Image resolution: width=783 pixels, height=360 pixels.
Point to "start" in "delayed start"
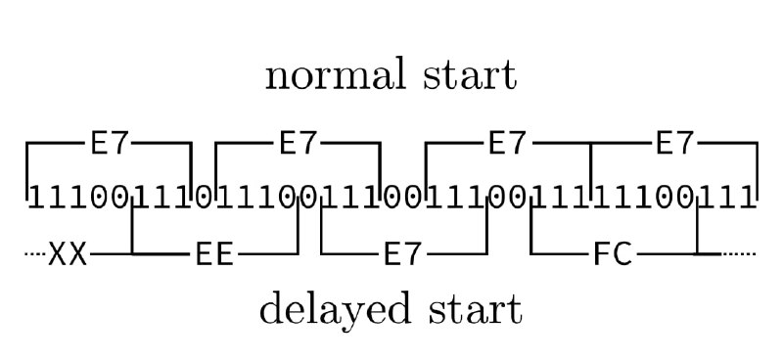[475, 310]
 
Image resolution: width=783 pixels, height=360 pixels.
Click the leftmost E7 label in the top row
[110, 143]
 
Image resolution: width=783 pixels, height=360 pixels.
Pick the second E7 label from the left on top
[299, 143]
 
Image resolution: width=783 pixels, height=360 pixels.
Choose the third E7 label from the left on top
[507, 143]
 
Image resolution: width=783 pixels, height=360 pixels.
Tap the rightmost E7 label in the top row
[674, 143]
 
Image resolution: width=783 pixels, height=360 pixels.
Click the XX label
[68, 254]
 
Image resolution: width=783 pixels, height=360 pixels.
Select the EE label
[214, 254]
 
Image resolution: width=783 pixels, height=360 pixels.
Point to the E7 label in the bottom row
[403, 254]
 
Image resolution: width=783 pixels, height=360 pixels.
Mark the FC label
[613, 254]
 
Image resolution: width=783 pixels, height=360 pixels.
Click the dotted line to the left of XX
[35, 254]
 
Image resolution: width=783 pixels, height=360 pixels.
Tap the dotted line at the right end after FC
[739, 254]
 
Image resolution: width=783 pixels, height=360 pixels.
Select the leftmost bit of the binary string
[36, 198]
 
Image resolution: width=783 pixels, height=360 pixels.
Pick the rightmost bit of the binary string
[747, 198]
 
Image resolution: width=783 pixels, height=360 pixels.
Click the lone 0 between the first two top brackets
[204, 198]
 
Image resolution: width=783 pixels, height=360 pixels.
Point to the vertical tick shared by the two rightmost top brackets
[591, 171]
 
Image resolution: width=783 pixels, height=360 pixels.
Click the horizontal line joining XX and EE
[140, 254]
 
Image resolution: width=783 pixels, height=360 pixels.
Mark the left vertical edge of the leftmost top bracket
[27, 171]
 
